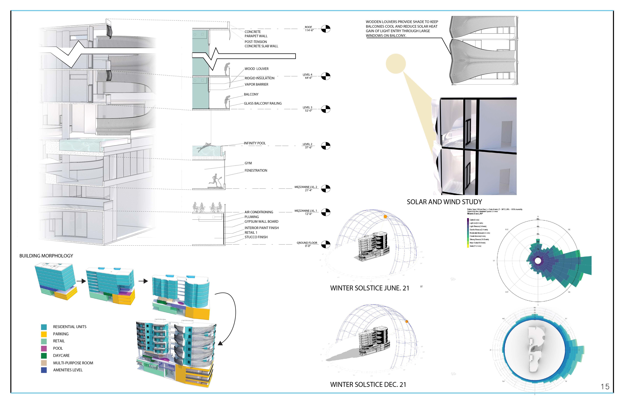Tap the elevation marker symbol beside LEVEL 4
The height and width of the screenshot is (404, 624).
326,76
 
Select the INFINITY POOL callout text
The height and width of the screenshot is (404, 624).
255,143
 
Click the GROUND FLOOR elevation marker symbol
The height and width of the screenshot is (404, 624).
326,244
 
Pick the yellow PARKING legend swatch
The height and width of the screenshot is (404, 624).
44,334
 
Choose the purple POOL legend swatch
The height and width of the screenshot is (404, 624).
44,348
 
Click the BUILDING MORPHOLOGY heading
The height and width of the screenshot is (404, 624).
46,256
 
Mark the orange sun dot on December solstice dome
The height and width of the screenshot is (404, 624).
407,321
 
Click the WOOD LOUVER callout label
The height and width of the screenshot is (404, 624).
256,69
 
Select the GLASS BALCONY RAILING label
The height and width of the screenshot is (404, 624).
263,103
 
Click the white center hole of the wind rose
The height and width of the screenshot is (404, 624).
538,261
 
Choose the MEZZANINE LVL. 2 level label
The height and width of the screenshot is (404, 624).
306,188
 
